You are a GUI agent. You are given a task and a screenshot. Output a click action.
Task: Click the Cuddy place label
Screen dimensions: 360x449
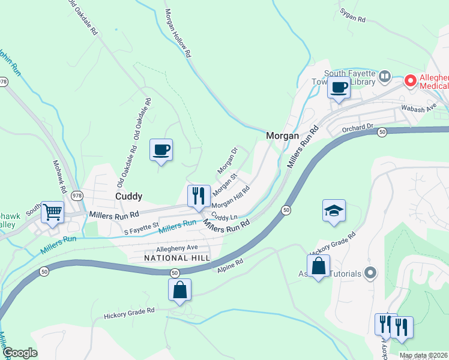[x=129, y=196]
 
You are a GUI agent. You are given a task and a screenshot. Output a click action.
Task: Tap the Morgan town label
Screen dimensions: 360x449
[x=282, y=136]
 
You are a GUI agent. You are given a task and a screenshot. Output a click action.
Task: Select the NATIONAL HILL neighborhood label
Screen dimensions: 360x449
[x=177, y=257]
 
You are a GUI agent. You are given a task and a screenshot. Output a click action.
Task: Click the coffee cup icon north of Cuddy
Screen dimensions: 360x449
[x=161, y=150]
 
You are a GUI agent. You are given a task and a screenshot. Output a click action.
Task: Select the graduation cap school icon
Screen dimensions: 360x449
[x=334, y=211]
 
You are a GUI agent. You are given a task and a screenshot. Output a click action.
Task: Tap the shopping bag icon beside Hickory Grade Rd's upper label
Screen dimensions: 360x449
[x=318, y=266]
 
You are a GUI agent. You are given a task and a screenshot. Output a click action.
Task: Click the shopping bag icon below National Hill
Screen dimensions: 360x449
[x=179, y=290]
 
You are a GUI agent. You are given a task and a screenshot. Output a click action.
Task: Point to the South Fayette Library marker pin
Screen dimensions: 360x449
[x=384, y=77]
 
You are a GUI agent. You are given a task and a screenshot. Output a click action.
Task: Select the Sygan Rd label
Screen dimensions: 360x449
[x=352, y=16]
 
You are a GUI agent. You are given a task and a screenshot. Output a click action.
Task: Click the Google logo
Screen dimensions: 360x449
[x=20, y=353]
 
